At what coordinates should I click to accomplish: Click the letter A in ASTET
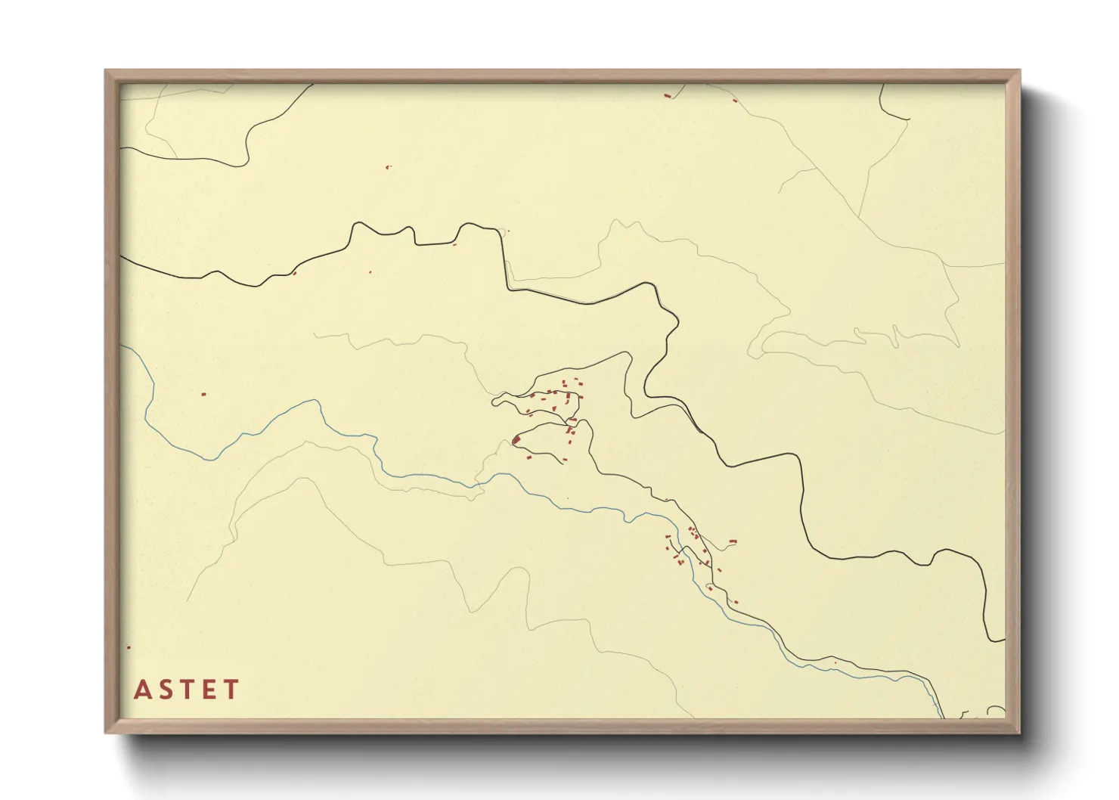point(141,690)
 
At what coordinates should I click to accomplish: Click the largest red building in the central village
point(516,439)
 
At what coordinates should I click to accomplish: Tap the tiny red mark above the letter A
point(129,647)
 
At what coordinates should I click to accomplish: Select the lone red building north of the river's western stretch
point(203,393)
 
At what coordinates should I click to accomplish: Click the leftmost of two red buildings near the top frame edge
point(667,95)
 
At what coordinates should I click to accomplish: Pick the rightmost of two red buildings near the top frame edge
point(734,99)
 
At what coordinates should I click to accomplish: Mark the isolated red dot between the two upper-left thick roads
point(388,166)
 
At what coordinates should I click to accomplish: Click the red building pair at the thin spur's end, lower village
point(732,541)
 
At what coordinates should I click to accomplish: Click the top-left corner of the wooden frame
point(106,71)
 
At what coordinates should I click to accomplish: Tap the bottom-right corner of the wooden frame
point(1019,732)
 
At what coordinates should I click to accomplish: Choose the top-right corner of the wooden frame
point(1019,71)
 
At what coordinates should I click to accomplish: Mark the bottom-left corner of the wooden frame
point(106,732)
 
